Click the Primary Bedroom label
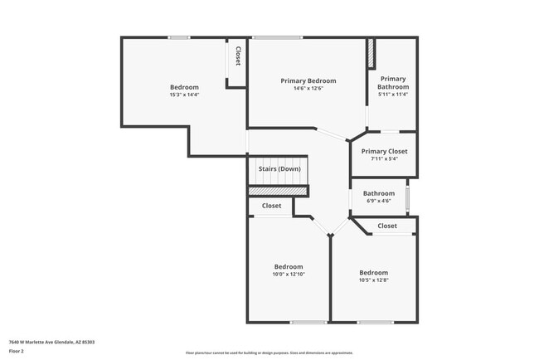pos(308,80)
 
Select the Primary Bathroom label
pos(393,83)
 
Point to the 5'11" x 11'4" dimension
pos(393,95)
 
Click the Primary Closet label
pos(385,151)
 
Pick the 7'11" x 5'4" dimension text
pos(385,159)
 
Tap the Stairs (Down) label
pos(279,169)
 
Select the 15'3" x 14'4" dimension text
pos(184,95)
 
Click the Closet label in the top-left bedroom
pos(237,56)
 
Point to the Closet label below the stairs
pos(271,206)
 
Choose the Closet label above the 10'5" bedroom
pos(387,226)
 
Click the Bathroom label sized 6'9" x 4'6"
pos(378,193)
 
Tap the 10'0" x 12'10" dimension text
pos(289,275)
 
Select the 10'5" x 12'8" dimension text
pos(373,280)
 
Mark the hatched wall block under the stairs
pos(279,191)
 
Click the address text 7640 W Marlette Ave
pos(51,342)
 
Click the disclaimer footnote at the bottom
pos(269,353)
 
